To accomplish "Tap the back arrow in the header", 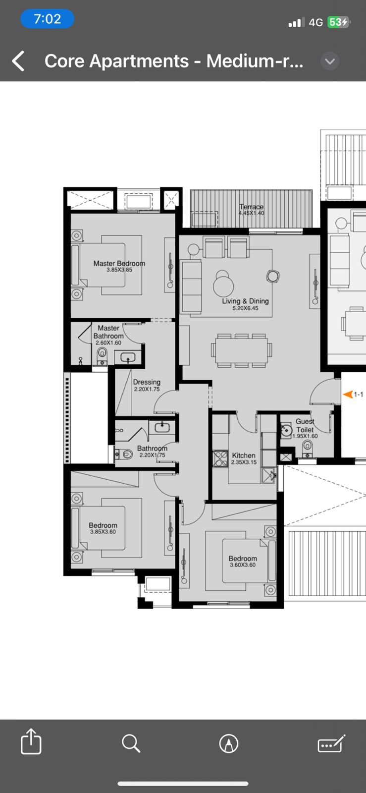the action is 18,61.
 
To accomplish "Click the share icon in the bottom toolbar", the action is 31,741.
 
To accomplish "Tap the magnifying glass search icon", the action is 131,742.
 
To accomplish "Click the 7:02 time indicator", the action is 48,19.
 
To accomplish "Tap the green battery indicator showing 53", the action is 338,22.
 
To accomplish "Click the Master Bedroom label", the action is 119,263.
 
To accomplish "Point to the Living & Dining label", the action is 246,301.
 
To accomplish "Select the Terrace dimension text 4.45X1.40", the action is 251,213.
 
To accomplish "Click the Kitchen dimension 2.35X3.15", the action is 244,462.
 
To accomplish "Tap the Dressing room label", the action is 147,382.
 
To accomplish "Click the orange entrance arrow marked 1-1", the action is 348,394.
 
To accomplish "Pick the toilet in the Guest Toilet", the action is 307,449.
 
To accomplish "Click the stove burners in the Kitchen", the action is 221,458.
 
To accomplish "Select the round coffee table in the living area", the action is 223,285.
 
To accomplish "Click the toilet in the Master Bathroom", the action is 102,355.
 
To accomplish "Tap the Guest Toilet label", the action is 305,425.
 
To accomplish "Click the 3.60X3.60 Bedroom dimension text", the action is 243,565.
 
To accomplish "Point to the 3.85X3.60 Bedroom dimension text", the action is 103,532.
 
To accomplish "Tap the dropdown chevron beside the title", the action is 330,61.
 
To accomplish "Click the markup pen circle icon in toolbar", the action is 229,743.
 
